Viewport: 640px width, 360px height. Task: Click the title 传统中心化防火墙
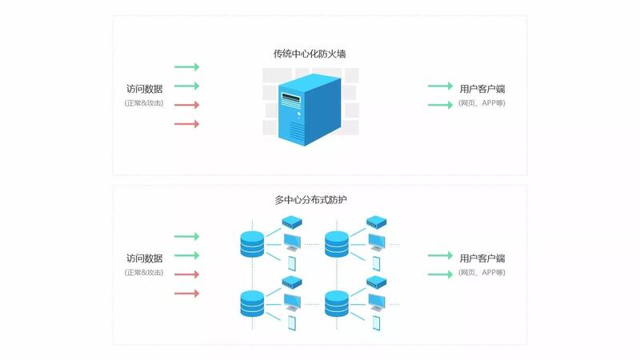310,54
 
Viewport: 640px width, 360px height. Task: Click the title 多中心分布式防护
310,199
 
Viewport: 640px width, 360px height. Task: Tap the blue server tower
310,110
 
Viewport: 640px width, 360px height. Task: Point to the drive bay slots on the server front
290,99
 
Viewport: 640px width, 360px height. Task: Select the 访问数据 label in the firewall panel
145,89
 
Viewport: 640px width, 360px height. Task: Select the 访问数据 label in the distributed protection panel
145,258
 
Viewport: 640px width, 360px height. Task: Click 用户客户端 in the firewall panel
482,89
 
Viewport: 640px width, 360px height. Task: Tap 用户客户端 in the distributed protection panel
482,258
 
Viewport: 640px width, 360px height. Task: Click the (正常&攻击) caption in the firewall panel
144,103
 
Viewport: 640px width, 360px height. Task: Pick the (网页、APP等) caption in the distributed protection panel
482,273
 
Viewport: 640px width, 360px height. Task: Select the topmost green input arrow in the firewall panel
187,66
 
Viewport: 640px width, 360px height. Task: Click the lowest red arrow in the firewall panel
187,124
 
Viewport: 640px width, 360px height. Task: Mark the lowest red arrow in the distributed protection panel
187,293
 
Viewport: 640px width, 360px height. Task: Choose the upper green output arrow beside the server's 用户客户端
441,86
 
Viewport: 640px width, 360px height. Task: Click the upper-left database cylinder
252,244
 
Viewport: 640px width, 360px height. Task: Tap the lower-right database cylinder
337,304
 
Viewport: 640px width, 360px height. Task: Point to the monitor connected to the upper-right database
376,242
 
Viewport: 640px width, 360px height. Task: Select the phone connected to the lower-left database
292,323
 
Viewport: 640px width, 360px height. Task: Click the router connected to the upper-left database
292,222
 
